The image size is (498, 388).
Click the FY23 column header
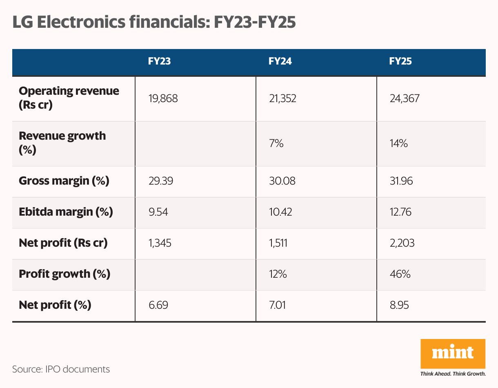click(159, 62)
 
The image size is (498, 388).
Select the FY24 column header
click(280, 62)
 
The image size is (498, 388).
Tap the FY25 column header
click(400, 62)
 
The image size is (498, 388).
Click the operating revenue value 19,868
click(163, 98)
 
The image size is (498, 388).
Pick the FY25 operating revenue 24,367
click(405, 98)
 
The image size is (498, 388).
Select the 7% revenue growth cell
click(276, 143)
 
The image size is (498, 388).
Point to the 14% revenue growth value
click(398, 143)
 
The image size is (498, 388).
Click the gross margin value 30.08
click(282, 181)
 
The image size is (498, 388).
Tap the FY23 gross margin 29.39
click(161, 181)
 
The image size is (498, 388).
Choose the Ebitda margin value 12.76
click(401, 212)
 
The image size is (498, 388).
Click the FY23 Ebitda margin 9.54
click(158, 212)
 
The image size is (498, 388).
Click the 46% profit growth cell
click(400, 274)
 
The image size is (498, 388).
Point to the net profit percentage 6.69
click(158, 305)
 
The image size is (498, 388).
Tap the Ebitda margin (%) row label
click(66, 212)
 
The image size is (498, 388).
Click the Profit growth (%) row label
click(64, 274)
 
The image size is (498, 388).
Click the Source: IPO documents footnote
click(61, 369)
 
